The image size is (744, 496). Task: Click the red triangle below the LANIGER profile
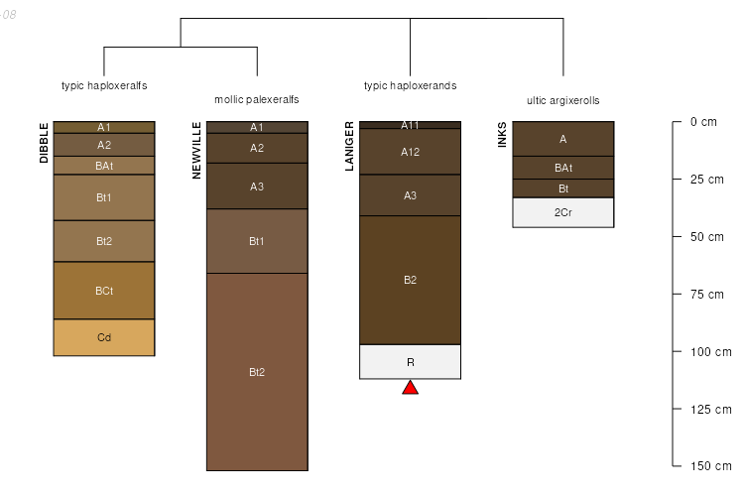click(410, 388)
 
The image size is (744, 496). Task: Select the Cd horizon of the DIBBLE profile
click(104, 337)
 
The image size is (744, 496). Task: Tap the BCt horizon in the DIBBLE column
click(104, 291)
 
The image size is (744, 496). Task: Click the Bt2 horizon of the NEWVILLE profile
click(257, 372)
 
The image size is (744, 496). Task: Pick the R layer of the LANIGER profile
click(410, 362)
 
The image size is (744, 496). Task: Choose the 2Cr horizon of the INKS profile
click(563, 212)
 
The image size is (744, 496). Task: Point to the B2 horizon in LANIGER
click(410, 280)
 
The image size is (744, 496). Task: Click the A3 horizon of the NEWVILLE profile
click(257, 186)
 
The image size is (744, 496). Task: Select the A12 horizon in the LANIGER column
click(410, 152)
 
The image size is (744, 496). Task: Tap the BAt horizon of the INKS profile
click(563, 168)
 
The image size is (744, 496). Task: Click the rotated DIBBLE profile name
click(44, 143)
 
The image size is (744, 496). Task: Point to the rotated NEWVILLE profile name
click(196, 151)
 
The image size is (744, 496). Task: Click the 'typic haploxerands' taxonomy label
click(410, 86)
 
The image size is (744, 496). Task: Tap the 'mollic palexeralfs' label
click(257, 100)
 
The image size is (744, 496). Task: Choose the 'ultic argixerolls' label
click(563, 100)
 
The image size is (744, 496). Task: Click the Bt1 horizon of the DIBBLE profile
click(104, 197)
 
